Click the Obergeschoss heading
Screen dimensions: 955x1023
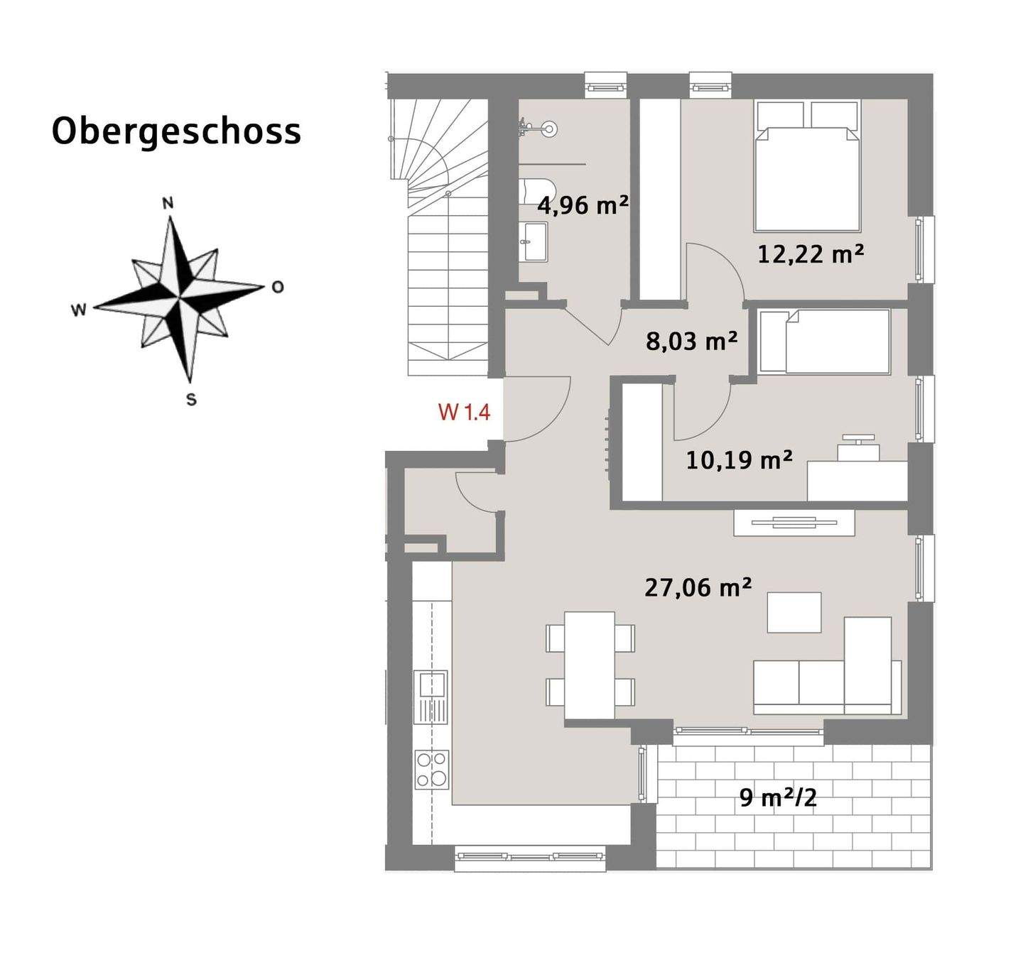point(176,132)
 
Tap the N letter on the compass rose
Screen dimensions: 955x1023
point(168,204)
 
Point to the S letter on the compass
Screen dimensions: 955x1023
point(191,400)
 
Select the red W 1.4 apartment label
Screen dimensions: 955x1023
point(464,412)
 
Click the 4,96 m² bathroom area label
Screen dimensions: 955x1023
point(583,206)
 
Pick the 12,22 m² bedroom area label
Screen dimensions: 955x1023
point(810,253)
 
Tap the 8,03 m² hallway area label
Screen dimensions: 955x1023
point(691,342)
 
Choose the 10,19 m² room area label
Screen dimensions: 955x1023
point(739,460)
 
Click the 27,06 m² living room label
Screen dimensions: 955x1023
point(698,588)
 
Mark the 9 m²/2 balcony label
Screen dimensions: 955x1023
point(778,797)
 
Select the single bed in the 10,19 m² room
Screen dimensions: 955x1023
point(824,342)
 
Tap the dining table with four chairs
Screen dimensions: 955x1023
point(590,665)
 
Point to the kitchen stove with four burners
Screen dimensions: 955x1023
point(432,770)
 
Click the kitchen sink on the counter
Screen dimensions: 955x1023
point(431,685)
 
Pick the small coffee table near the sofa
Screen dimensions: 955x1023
point(794,612)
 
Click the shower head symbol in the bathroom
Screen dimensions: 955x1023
point(548,129)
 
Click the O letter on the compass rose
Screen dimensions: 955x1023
point(278,287)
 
